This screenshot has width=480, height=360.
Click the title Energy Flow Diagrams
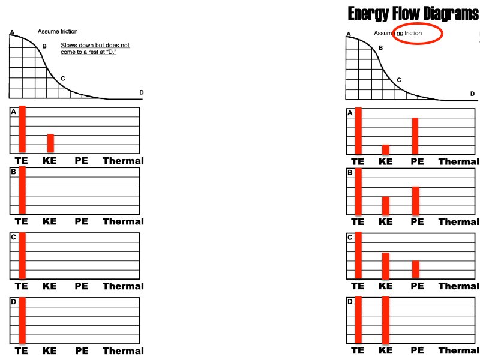click(x=413, y=13)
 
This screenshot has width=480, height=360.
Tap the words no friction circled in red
click(x=409, y=33)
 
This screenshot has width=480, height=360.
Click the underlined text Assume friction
click(x=58, y=31)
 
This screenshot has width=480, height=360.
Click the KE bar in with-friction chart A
click(x=50, y=143)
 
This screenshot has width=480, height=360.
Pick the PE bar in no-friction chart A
click(x=415, y=136)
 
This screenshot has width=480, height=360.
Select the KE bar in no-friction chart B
click(x=386, y=206)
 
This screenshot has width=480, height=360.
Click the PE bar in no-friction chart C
click(x=416, y=269)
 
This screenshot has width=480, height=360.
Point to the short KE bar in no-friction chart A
click(x=386, y=149)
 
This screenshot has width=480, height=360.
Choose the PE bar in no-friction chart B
click(x=415, y=201)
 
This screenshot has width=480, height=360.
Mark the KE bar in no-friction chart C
click(x=386, y=265)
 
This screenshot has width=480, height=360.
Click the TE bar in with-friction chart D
click(x=22, y=320)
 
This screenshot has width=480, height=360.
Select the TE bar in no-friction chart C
click(x=359, y=255)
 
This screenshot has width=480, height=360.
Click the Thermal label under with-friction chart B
click(x=123, y=221)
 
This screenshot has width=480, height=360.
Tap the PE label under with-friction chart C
click(x=82, y=286)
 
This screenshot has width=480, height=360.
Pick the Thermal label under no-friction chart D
click(x=458, y=350)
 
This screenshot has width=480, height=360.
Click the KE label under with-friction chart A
click(x=49, y=161)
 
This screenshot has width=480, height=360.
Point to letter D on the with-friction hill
click(x=141, y=92)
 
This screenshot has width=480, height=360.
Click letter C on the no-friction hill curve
click(x=399, y=80)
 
